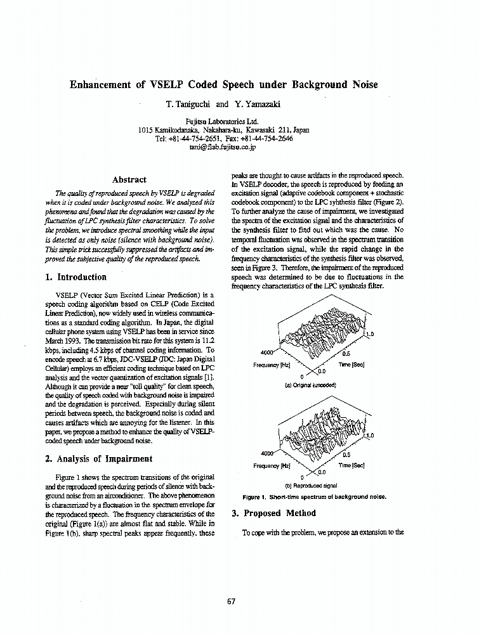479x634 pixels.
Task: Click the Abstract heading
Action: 129,179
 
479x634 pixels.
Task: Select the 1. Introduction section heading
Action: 76,277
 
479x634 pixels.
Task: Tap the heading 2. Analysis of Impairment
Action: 98,458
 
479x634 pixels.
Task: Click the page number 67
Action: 231,602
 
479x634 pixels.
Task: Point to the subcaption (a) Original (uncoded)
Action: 310,385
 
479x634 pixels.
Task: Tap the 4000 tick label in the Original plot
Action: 268,353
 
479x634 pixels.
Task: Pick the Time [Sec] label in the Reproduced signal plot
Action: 351,465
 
